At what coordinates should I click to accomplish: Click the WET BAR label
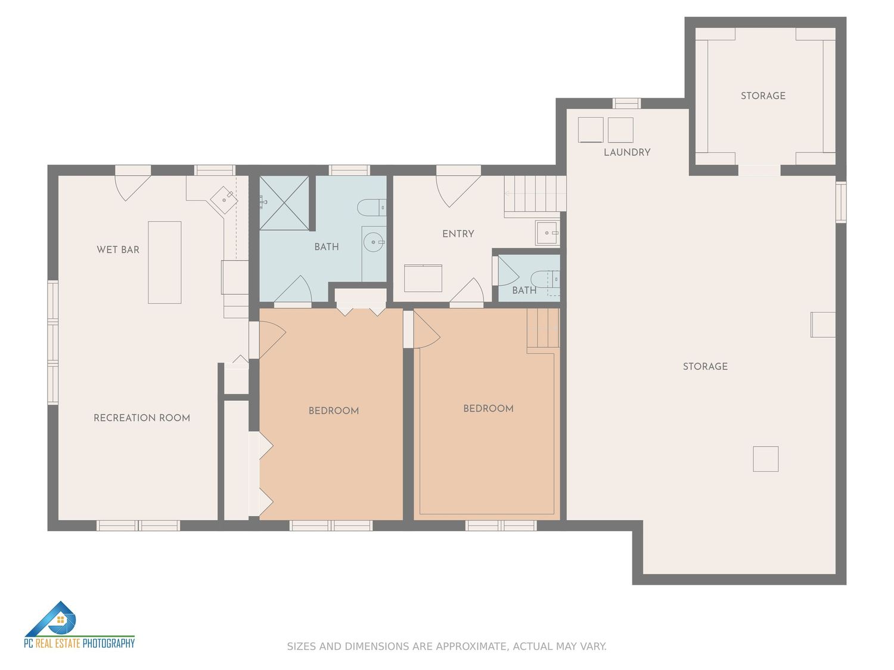click(117, 250)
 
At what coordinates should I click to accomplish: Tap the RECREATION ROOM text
click(142, 418)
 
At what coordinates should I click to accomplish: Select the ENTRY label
click(458, 234)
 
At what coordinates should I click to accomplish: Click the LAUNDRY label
click(627, 152)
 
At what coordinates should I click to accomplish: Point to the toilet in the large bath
click(371, 208)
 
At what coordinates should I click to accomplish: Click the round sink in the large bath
click(374, 242)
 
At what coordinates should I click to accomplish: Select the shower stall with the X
click(284, 203)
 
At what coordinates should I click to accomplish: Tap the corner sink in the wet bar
click(224, 200)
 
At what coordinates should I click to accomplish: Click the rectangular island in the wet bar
click(164, 263)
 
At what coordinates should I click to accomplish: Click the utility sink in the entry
click(547, 233)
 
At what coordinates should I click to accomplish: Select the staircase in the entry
click(535, 196)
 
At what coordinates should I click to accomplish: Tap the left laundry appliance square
click(591, 130)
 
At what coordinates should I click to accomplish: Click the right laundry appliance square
click(620, 130)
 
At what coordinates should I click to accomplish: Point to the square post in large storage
click(765, 459)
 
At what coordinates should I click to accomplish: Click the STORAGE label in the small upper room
click(763, 96)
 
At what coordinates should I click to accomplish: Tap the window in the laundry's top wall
click(626, 103)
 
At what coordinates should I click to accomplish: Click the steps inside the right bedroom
click(543, 331)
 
